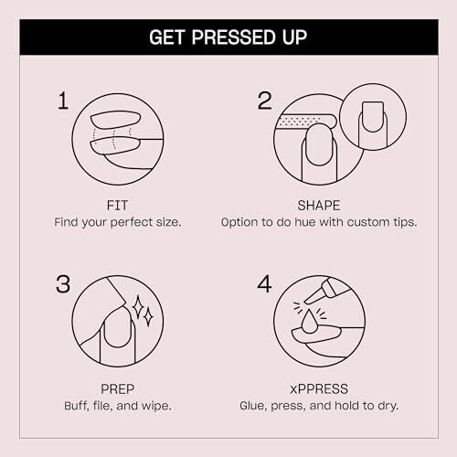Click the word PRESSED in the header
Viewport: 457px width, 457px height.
[234, 37]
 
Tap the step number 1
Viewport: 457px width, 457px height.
[63, 101]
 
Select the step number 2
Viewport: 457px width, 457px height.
[264, 101]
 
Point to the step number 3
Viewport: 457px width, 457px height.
[63, 284]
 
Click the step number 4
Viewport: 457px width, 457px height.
[264, 284]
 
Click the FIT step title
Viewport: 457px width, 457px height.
[117, 206]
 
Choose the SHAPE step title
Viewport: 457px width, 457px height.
[319, 206]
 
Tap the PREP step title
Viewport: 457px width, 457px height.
[117, 389]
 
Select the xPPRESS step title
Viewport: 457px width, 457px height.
[319, 389]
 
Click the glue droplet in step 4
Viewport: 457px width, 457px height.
[310, 322]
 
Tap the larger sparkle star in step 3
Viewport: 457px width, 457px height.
[138, 307]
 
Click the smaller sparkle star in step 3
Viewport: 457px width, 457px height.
[148, 317]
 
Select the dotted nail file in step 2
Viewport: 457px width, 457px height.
[304, 122]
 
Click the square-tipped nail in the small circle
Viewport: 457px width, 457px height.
[373, 117]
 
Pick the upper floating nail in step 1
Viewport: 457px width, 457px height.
[116, 120]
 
